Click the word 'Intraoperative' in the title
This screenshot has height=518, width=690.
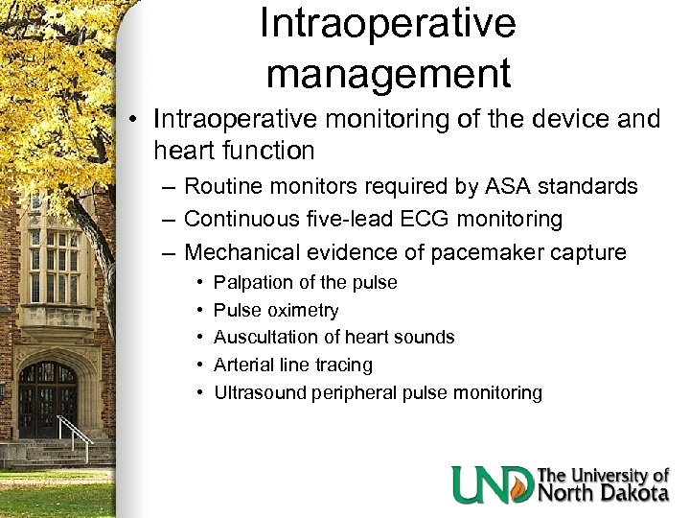coord(387,24)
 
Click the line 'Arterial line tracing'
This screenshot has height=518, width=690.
coord(292,365)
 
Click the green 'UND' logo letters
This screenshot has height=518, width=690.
coord(493,483)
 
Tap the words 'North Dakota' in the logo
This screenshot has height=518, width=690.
coord(603,494)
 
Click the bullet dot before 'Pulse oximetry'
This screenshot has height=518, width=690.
coord(196,311)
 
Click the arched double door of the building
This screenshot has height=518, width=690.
coord(47,399)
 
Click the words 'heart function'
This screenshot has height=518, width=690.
coord(233,151)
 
